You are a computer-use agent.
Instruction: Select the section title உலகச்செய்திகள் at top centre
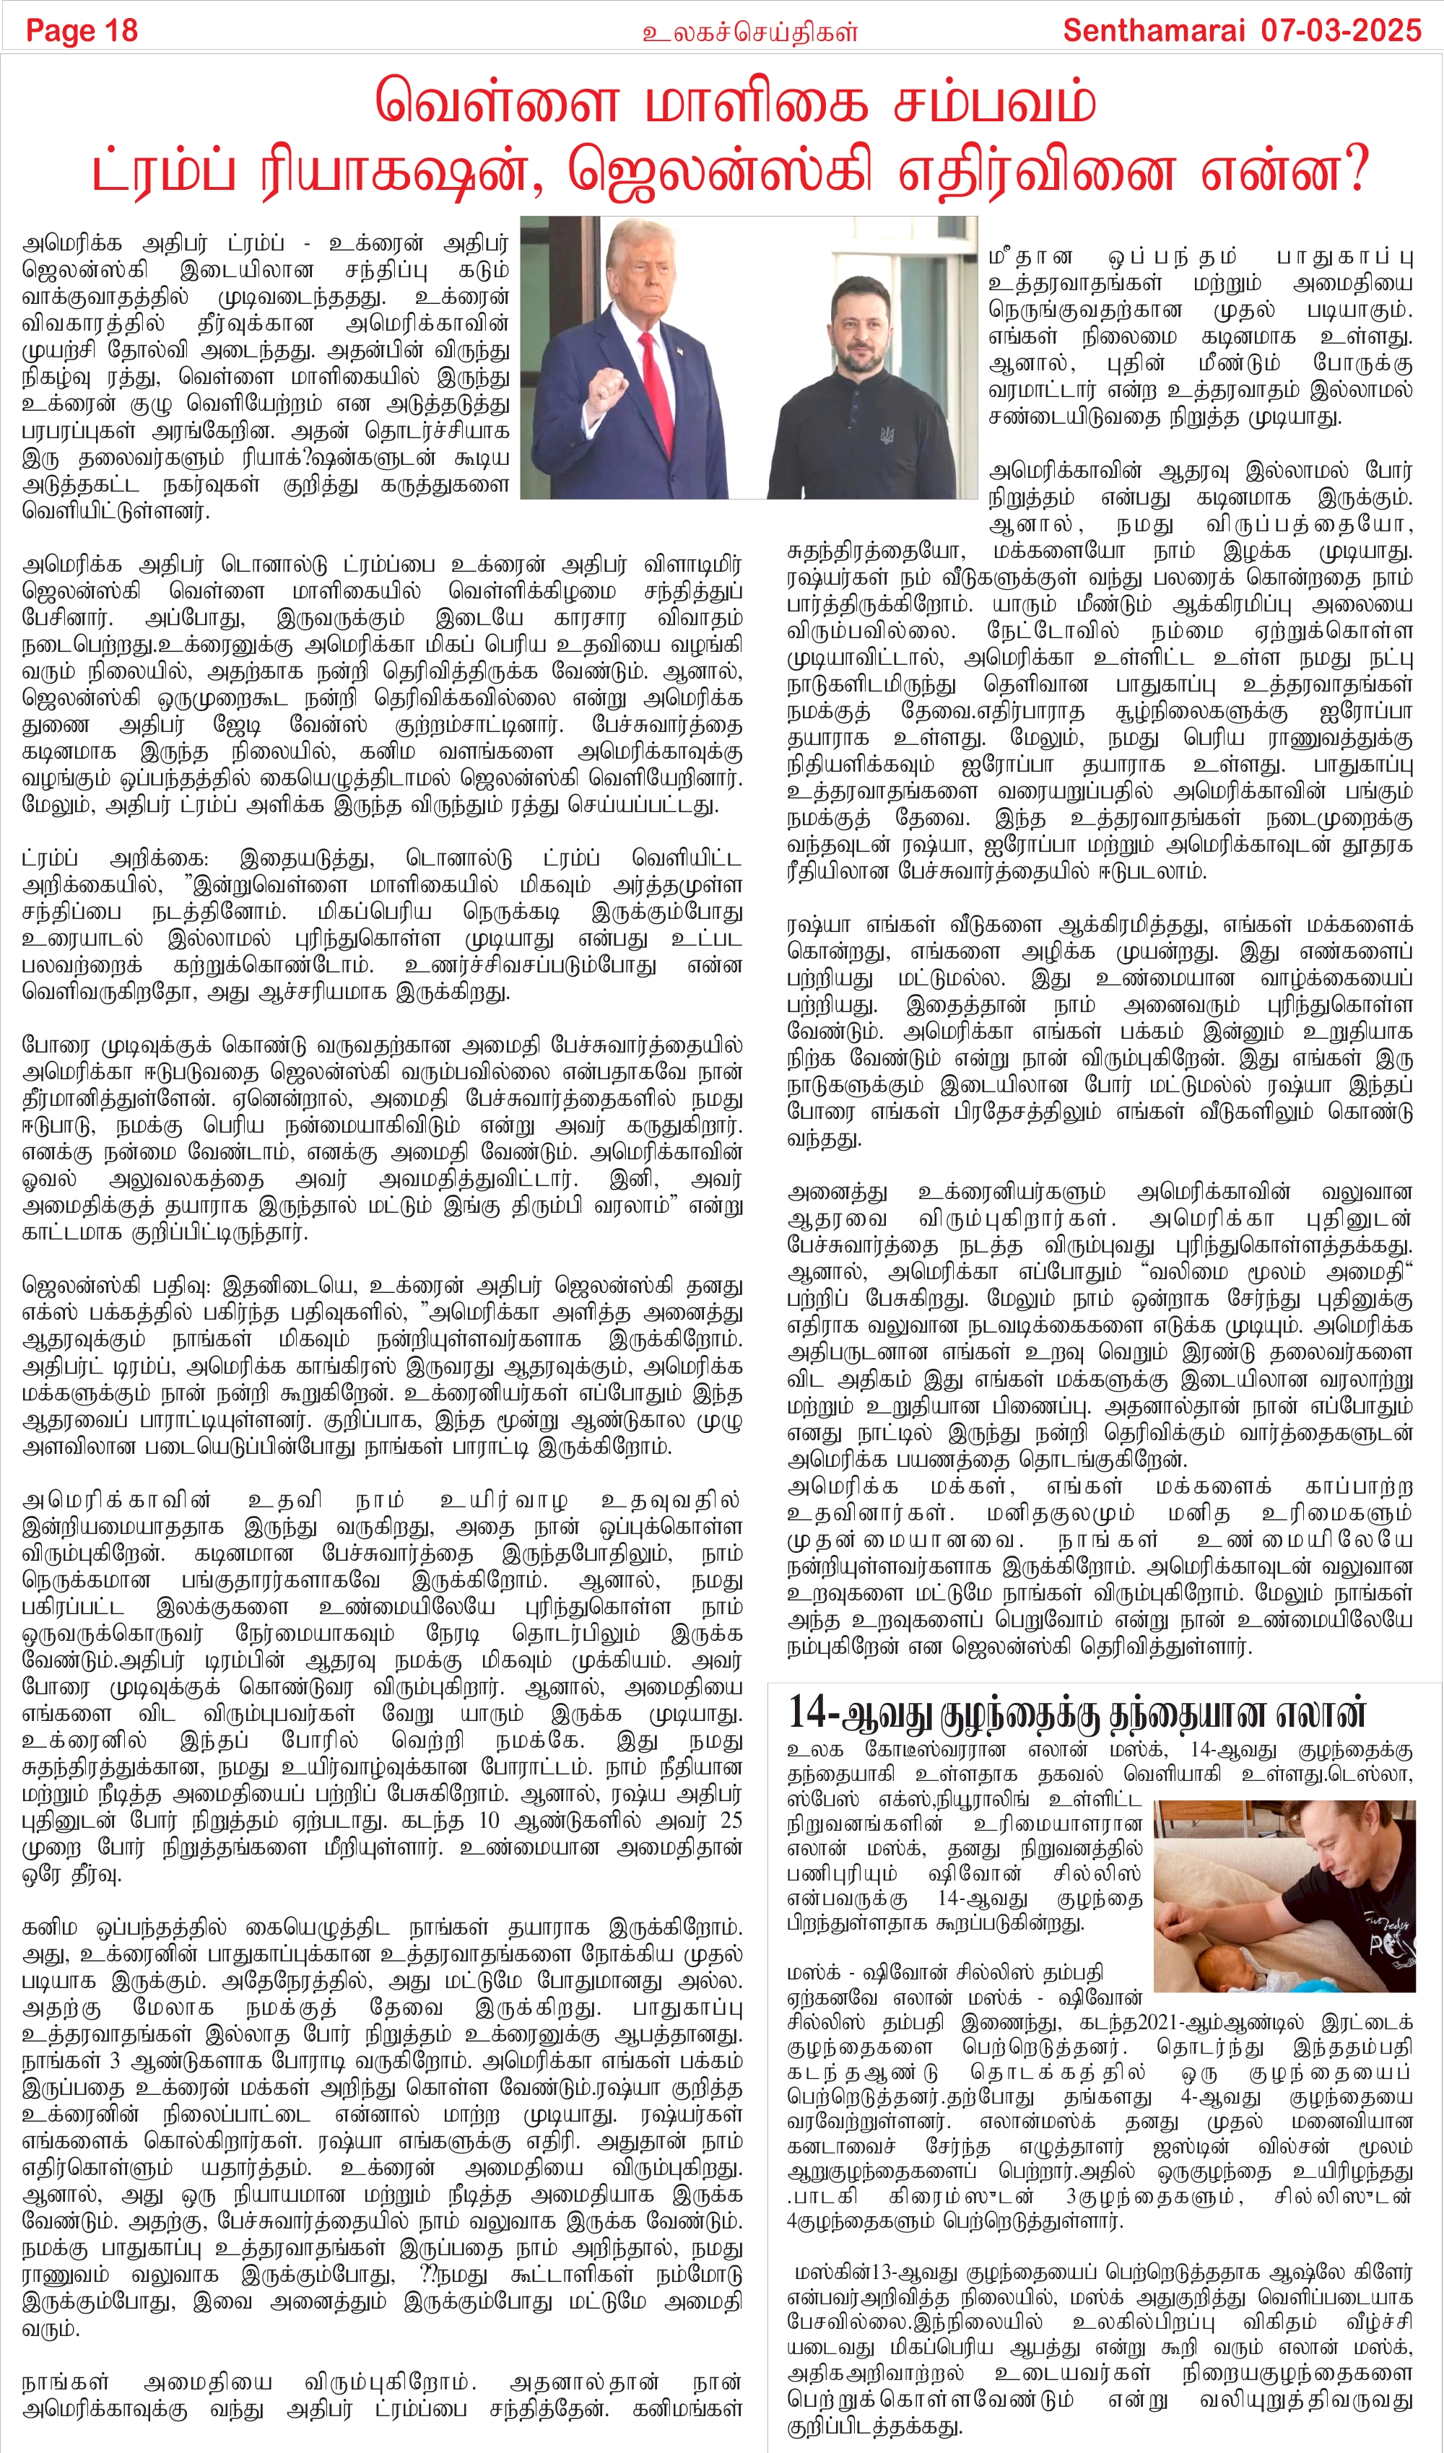[749, 32]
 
